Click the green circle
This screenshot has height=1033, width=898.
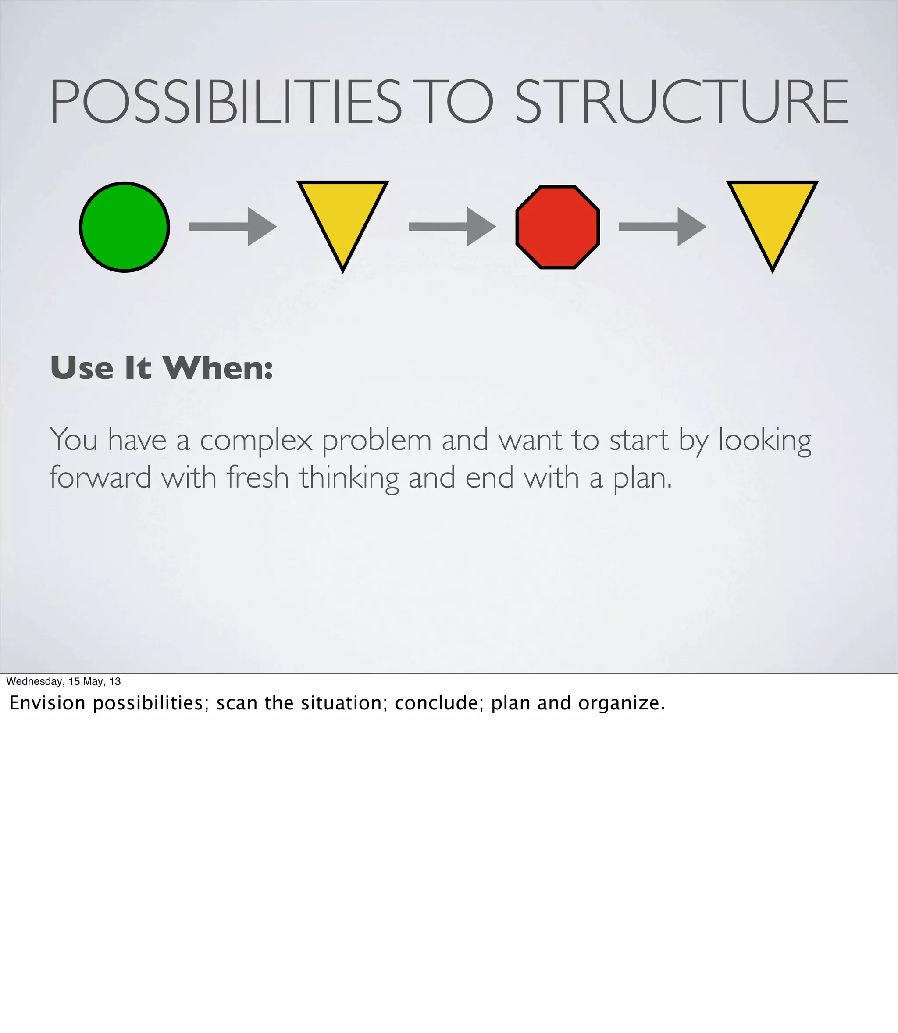[124, 227]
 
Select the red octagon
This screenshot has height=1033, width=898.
[557, 227]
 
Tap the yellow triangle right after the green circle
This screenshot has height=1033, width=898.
[343, 215]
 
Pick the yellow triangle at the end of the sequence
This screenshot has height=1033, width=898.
[772, 215]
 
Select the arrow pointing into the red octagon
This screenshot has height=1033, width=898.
[452, 227]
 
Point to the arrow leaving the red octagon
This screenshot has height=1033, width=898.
[663, 227]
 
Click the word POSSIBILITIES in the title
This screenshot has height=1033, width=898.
[225, 102]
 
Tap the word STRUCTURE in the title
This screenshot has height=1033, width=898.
[681, 102]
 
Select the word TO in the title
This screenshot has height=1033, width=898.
[459, 102]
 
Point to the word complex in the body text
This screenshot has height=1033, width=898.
[256, 441]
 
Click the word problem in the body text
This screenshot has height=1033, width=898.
[376, 441]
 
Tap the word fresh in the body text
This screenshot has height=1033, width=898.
[258, 478]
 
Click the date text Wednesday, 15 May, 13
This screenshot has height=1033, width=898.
[64, 681]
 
